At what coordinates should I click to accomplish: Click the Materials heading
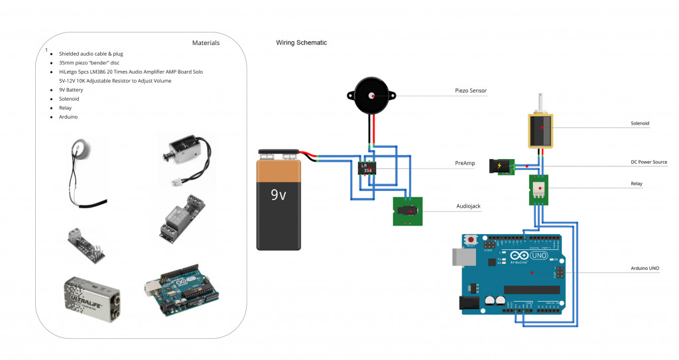(206, 43)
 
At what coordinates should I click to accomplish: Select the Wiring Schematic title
(301, 43)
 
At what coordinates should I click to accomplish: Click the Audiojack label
(468, 206)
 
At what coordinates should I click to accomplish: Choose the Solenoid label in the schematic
(640, 124)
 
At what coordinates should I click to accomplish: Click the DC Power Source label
(648, 162)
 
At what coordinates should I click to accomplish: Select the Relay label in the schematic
(636, 183)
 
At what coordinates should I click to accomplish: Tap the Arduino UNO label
(645, 269)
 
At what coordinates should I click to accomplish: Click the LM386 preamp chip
(367, 168)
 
